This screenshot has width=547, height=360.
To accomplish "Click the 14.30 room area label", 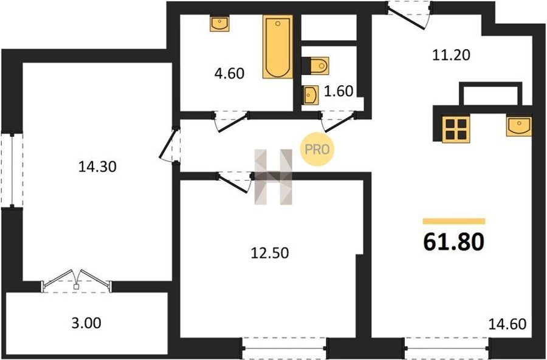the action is tap(97, 167).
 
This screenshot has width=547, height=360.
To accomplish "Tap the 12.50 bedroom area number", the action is tap(270, 253).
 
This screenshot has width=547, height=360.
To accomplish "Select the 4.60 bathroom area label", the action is tap(229, 74).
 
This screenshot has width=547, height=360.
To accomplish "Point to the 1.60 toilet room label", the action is tap(339, 91).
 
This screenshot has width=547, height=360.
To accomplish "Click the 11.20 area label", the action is tap(451, 55).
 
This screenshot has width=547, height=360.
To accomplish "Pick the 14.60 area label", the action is tap(507, 324).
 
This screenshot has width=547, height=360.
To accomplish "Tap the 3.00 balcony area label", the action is tap(86, 323).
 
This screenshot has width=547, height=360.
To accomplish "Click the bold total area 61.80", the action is tap(453, 241).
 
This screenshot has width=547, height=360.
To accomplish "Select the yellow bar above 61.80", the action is tap(454, 221).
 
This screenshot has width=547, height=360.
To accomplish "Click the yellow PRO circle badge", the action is tap(317, 150).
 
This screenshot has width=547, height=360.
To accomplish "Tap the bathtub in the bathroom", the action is tap(278, 46).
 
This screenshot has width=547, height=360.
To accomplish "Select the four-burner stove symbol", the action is tap(456, 129).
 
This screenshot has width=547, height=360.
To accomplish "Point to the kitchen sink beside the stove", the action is tap(519, 126).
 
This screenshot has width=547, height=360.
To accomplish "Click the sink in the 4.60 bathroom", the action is tap(219, 23).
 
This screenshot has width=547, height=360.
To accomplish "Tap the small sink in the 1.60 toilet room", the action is tap(311, 95).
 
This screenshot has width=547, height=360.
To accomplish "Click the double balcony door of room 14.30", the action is tap(76, 282).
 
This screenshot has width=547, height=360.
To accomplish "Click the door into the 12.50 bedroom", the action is tap(235, 182).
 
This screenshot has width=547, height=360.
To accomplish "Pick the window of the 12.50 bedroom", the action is tap(284, 348).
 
